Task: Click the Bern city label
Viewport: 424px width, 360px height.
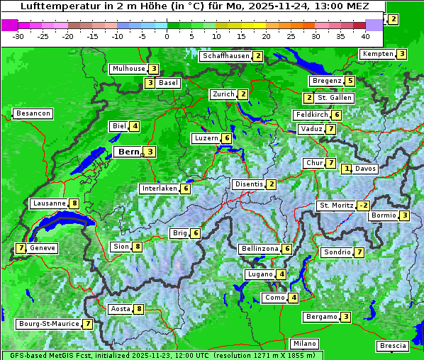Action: point(128,152)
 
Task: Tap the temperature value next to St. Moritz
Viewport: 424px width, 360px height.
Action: point(363,206)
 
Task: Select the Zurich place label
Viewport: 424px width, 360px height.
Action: point(223,94)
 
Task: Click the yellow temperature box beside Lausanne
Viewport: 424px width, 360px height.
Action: point(74,203)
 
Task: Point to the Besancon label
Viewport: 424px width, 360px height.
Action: point(33,113)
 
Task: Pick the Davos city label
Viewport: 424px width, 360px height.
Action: point(365,169)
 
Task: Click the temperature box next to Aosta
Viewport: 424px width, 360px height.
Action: point(139,309)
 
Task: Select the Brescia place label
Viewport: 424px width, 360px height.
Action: point(393,346)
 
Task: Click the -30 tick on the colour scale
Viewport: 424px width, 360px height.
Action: point(18,35)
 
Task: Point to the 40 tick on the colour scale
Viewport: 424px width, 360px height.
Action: point(365,35)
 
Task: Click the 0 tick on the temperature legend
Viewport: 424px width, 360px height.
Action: point(167,35)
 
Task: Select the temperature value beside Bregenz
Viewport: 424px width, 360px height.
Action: point(350,81)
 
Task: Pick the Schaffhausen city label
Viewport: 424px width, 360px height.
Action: point(225,56)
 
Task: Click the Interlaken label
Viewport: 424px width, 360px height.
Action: point(159,189)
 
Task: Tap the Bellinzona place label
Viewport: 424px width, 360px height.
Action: point(260,249)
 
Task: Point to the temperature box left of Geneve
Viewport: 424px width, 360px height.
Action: point(21,248)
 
